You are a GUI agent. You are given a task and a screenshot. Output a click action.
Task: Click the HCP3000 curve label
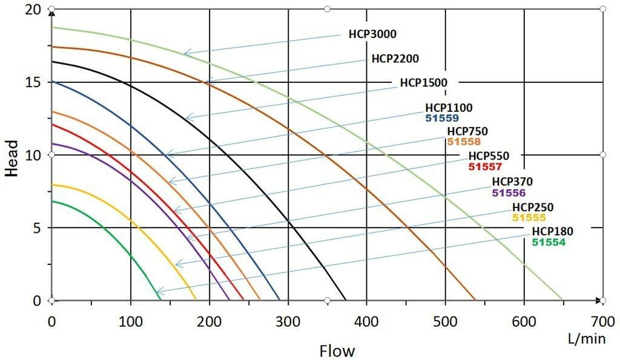click(372, 34)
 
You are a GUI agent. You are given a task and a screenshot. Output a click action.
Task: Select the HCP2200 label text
click(395, 59)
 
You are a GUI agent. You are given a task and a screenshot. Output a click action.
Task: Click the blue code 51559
click(442, 118)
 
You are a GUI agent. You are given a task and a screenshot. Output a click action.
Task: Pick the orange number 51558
click(464, 142)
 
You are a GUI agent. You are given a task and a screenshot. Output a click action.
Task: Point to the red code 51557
click(486, 166)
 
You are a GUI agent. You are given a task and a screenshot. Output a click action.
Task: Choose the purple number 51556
click(509, 192)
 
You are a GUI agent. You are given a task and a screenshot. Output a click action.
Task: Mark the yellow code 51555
click(529, 218)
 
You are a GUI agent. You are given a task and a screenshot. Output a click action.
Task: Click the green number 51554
click(549, 241)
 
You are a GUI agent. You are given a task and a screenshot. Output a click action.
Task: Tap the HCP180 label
click(552, 231)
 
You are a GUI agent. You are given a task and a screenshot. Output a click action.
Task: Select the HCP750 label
click(467, 131)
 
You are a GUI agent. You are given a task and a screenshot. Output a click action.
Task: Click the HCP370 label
click(512, 182)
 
